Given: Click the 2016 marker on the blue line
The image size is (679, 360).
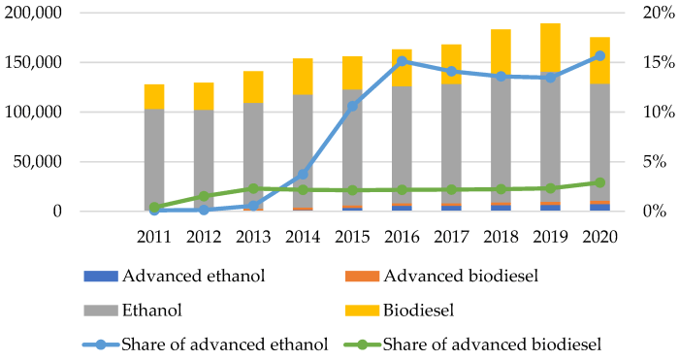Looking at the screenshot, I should pos(403,61).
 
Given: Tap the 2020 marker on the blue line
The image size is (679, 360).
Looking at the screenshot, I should pos(600,55).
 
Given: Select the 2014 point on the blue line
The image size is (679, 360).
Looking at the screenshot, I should pos(303,175).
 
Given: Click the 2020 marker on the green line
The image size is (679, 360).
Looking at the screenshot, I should pos(600,182).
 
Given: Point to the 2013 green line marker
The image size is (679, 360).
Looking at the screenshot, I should pos(253,188).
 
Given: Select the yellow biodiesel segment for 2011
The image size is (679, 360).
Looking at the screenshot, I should pos(154,96).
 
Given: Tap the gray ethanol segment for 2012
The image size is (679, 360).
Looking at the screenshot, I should pos(204,155).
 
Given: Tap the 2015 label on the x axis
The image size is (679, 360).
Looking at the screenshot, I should pos(352,237).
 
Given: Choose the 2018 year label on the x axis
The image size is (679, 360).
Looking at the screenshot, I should pos(501,237).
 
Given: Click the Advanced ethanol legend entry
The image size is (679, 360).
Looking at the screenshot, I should pos(193,275).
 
